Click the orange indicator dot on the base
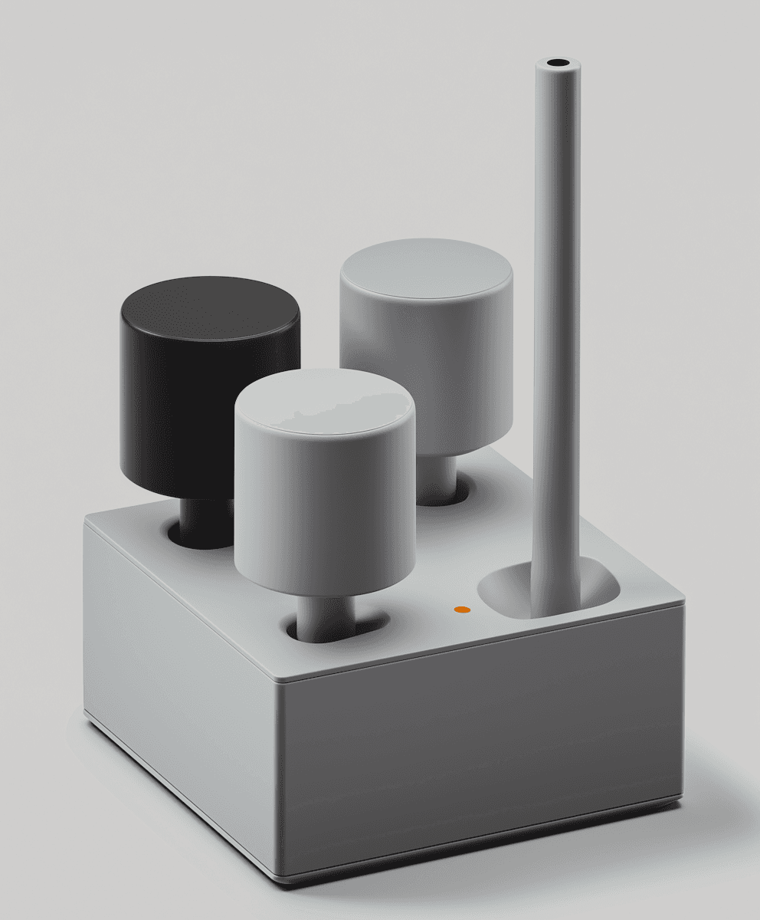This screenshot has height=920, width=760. tap(462, 609)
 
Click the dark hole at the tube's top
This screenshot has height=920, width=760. tap(558, 62)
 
